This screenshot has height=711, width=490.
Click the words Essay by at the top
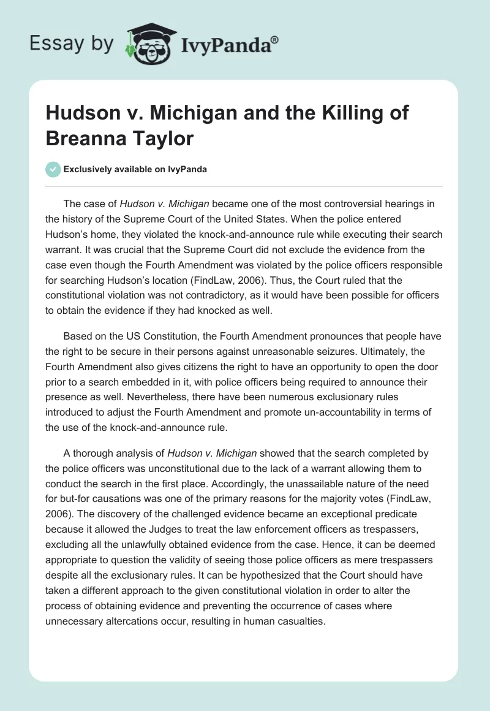[71, 44]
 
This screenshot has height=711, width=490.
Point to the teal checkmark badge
[53, 169]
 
